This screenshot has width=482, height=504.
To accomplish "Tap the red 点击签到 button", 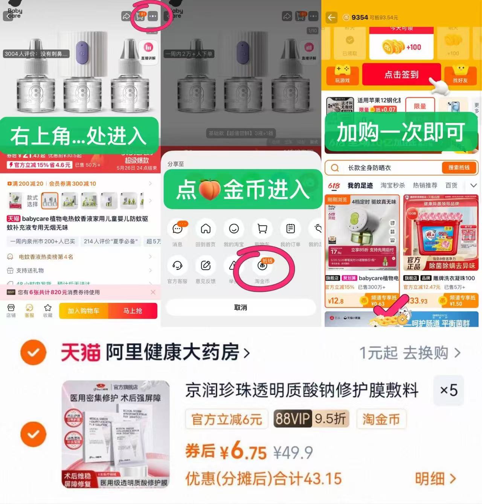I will click(x=401, y=75).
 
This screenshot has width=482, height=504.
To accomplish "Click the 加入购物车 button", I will click(x=84, y=311).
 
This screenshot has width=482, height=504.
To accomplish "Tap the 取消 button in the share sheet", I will click(x=241, y=308).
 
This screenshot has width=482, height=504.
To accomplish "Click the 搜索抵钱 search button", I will click(x=459, y=168).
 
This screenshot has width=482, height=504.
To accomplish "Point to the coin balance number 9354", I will click(x=360, y=17).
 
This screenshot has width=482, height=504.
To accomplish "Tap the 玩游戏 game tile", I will click(x=342, y=75).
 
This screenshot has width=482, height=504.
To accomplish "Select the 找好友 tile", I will click(x=460, y=75).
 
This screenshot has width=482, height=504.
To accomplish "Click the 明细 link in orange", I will click(x=435, y=479).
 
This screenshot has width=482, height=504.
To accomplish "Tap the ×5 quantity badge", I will click(x=448, y=390).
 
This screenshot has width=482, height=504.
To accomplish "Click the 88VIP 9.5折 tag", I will click(x=311, y=419).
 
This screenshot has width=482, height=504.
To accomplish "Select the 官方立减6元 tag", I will click(x=227, y=419).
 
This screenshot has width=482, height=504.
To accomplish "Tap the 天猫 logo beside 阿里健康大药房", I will click(x=81, y=353).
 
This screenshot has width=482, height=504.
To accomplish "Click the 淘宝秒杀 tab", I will click(x=392, y=185).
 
